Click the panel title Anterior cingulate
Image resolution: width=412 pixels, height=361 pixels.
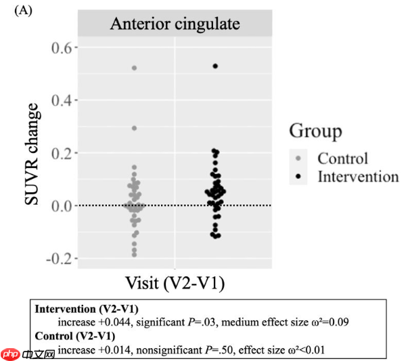coord(175,24)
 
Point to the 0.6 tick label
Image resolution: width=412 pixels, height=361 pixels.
coord(59,47)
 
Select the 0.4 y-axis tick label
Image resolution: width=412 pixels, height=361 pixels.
coord(59,100)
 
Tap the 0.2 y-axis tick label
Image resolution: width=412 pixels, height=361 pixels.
coord(59,153)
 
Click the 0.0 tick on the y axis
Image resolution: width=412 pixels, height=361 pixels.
coord(59,206)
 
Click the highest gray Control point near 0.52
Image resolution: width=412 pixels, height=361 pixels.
coord(134,68)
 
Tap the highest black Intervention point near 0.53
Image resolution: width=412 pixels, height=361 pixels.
coord(214,66)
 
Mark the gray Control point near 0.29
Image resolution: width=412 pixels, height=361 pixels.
coord(134,128)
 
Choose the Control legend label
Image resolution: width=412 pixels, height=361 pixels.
coord(343,159)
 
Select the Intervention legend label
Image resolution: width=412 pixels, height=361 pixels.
coord(358,177)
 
